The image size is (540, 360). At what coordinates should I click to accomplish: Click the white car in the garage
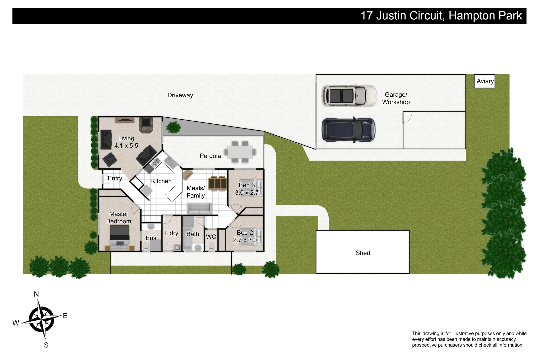[349, 95]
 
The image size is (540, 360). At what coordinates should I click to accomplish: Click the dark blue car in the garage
[348, 130]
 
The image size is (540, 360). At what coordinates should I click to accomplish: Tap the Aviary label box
[485, 81]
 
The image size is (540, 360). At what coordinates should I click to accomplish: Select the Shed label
[363, 253]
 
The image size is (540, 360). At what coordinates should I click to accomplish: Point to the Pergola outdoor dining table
[240, 152]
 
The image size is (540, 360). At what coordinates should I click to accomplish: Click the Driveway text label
[180, 95]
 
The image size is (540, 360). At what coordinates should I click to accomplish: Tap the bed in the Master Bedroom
[119, 237]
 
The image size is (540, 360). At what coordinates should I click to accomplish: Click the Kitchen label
[161, 181]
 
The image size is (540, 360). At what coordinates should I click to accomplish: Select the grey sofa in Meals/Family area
[199, 209]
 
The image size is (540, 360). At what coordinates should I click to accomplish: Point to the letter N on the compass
[36, 294]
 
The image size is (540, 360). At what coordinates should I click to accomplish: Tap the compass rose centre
[41, 319]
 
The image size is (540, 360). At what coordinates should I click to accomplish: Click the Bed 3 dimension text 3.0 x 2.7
[247, 193]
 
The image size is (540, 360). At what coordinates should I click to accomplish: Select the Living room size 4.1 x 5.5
[126, 146]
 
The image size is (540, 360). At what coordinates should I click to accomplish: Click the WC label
[211, 237]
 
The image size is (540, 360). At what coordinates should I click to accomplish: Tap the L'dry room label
[172, 233]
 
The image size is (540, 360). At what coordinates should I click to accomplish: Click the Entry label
[115, 178]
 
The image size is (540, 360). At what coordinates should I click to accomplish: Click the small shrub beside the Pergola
[173, 127]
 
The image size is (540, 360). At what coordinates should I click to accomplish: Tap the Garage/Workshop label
[396, 98]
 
